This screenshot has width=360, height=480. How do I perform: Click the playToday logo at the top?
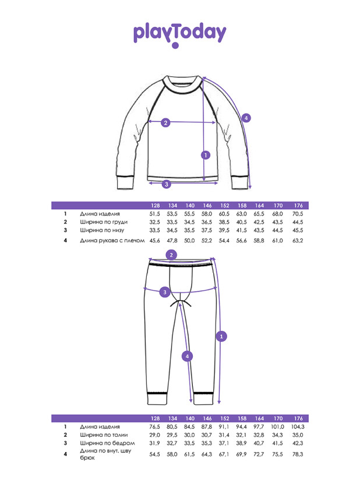tap(179, 35)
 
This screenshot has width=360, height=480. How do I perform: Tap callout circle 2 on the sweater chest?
tap(165, 123)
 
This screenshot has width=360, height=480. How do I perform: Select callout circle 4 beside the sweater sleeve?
tap(246, 118)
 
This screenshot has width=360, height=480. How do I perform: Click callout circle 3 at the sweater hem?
tap(167, 184)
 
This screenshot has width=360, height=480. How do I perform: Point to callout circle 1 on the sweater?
tap(206, 155)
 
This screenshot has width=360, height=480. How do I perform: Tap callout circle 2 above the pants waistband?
tap(171, 255)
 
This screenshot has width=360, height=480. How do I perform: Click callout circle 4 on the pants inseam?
tap(188, 357)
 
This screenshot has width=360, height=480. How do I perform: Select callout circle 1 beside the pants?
tap(221, 337)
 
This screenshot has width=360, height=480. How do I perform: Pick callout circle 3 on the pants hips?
tap(165, 292)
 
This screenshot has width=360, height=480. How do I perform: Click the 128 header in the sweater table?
tap(155, 206)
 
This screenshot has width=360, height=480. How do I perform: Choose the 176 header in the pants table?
tap(298, 418)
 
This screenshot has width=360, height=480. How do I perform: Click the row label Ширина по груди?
tap(104, 222)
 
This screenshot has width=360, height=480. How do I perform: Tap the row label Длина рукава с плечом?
tap(112, 241)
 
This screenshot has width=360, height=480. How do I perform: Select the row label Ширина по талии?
tap(104, 435)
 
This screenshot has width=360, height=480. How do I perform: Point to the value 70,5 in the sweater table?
tap(298, 214)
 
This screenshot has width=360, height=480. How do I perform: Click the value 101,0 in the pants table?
tap(277, 427)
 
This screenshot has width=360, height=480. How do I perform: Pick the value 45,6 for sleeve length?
tap(154, 241)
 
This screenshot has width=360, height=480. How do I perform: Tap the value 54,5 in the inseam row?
tap(154, 454)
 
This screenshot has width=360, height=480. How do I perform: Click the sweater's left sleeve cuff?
tap(125, 183)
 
